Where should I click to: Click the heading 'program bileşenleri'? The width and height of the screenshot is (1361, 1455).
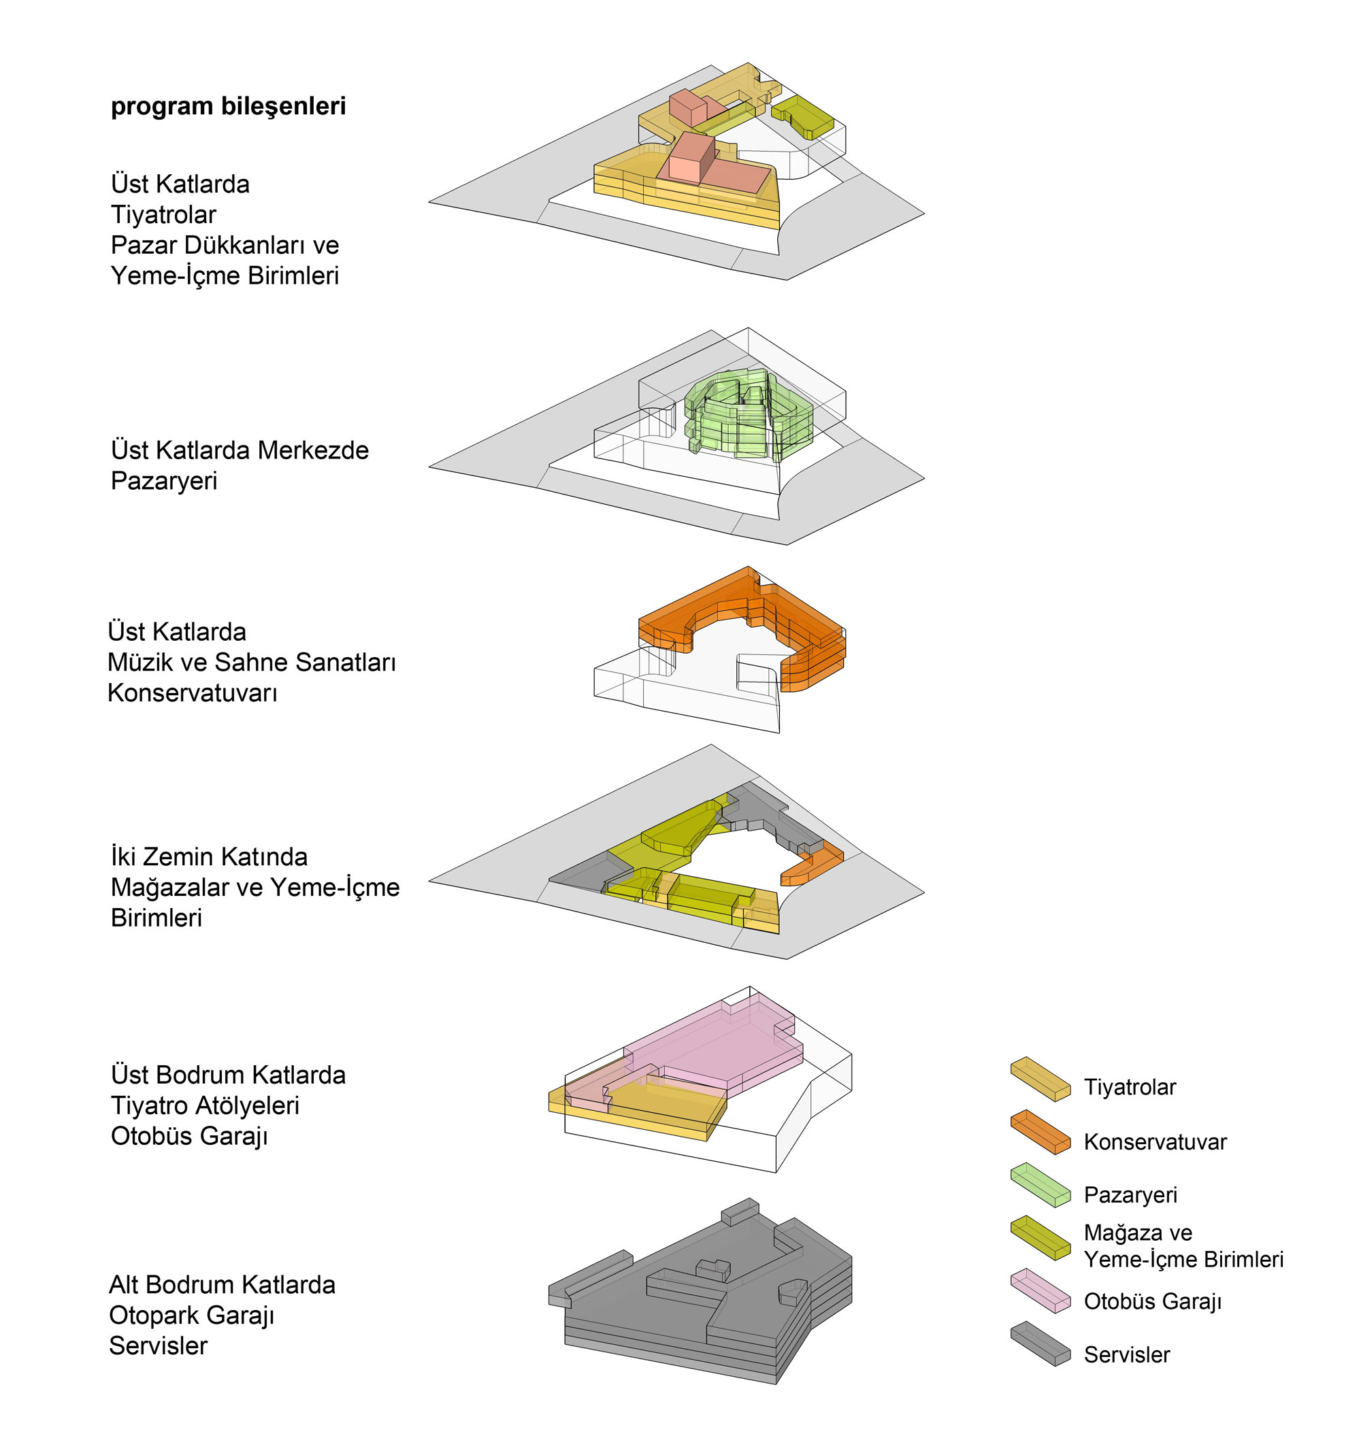click(x=228, y=106)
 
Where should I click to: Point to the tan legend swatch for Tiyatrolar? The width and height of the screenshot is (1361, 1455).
click(x=1040, y=1078)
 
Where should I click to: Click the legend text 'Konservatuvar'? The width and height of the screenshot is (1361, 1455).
click(x=1155, y=1141)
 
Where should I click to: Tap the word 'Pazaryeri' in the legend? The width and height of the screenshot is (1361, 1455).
click(x=1130, y=1194)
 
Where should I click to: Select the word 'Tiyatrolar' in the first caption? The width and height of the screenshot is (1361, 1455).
click(x=163, y=214)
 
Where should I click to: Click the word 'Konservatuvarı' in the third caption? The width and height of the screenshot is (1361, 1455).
click(x=192, y=692)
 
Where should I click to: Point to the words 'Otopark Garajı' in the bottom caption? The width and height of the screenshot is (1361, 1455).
click(x=191, y=1314)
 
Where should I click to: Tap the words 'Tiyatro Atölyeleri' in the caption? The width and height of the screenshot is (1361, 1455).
click(x=205, y=1105)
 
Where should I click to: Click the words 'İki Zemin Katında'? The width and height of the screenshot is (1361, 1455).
click(x=209, y=856)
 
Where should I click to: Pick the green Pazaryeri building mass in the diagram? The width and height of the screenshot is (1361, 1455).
click(x=747, y=417)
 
